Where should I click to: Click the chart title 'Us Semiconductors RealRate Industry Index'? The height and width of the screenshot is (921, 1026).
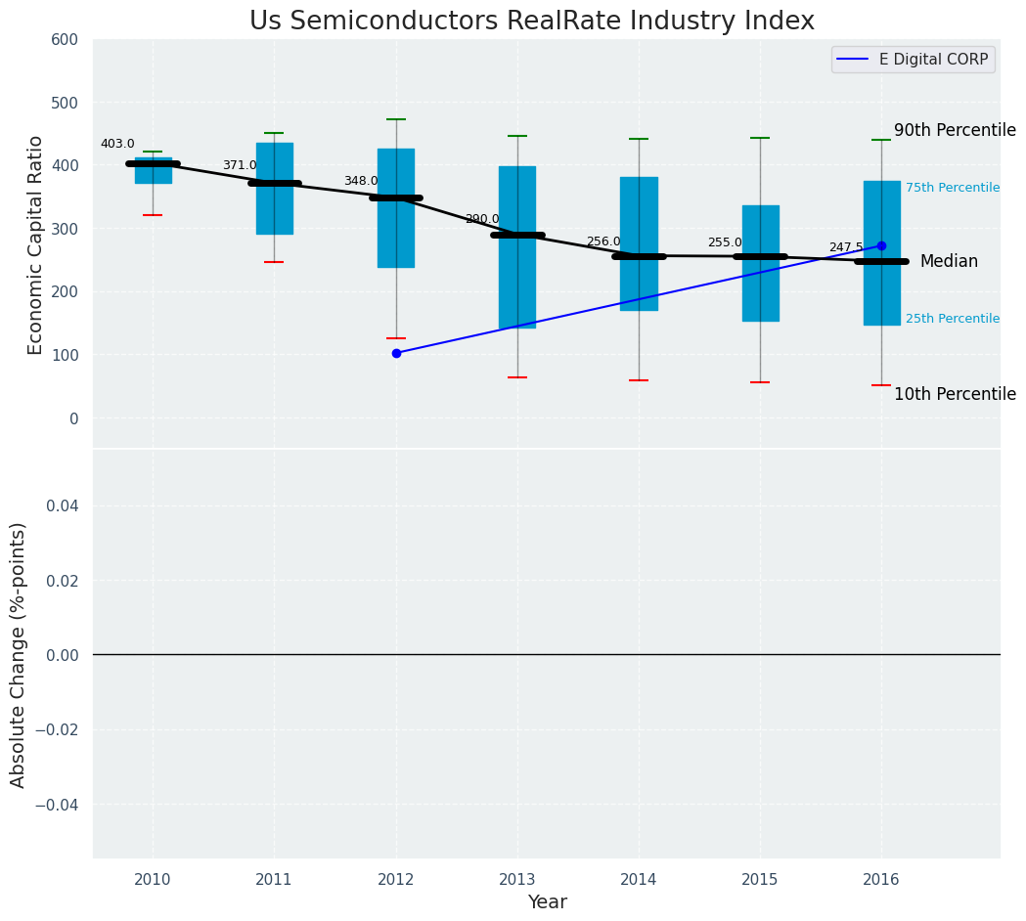pos(531,22)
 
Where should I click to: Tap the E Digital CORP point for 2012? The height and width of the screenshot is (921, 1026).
pos(396,353)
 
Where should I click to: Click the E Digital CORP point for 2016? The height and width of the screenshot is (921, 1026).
pos(881,245)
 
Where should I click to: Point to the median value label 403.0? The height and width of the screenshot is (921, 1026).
pos(117,144)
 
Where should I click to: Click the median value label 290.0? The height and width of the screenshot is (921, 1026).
pos(482,219)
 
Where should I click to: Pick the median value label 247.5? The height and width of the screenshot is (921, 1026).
pos(846,247)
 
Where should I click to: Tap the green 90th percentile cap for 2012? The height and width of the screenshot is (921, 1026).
pos(396,119)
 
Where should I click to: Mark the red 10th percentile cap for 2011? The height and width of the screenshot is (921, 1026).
pos(274,262)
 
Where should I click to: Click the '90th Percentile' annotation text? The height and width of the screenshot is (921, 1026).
pos(955,130)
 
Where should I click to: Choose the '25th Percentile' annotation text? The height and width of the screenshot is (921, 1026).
pos(953,319)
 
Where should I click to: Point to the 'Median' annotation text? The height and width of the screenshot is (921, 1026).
pos(949,261)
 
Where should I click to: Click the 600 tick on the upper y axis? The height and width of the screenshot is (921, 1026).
pos(65,39)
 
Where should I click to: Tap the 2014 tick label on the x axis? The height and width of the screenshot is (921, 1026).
pos(639,879)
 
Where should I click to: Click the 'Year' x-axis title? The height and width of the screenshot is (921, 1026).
pos(547,902)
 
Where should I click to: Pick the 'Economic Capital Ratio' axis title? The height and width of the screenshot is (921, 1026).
pos(36,244)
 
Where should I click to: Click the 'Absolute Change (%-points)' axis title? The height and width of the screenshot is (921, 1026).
pos(19,654)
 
